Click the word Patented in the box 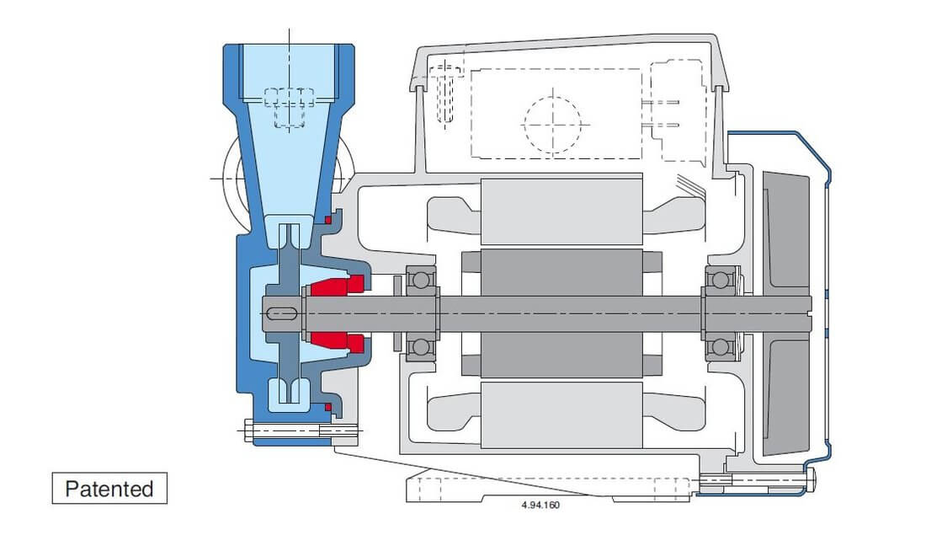click(x=109, y=489)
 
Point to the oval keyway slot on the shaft click(x=281, y=314)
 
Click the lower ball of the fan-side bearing click(x=720, y=346)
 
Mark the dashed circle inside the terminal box click(x=552, y=123)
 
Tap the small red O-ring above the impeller click(x=327, y=220)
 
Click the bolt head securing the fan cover click(x=810, y=480)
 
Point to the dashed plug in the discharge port click(x=289, y=107)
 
